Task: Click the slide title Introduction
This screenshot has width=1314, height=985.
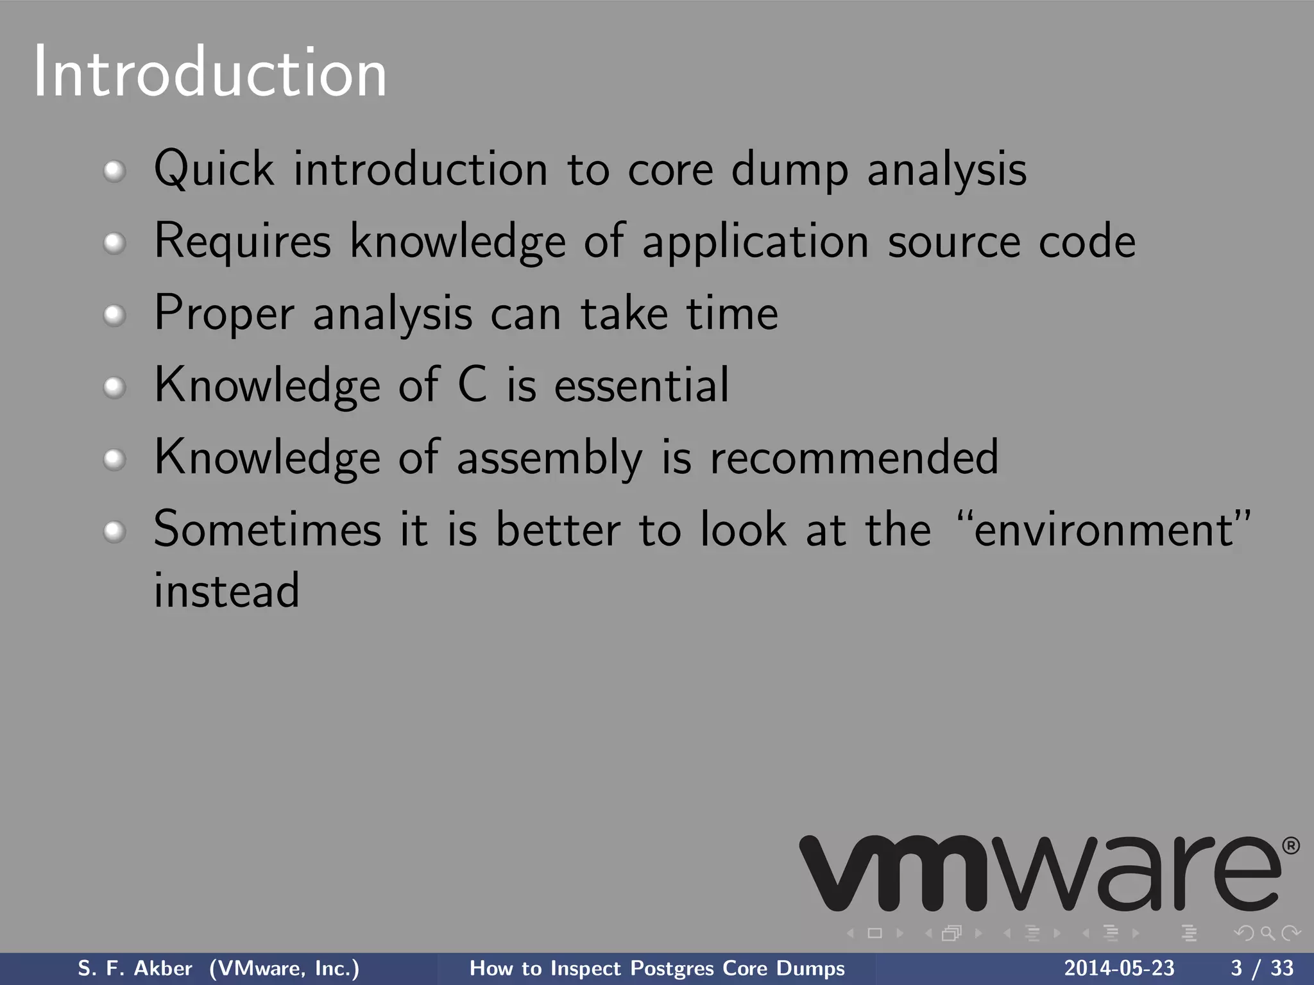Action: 210,72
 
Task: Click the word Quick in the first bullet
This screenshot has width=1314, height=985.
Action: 214,168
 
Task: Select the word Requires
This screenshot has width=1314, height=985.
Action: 243,241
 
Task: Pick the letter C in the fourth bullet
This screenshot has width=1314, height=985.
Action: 472,385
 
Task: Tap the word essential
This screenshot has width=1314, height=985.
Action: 642,385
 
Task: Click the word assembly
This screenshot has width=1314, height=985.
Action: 549,458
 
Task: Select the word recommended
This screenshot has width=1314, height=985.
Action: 855,457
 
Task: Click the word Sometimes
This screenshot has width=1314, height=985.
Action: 268,530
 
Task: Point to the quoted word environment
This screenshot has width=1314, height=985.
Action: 1104,530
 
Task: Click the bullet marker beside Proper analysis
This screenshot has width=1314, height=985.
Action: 114,315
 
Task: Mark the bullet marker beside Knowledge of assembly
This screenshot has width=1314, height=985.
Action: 114,459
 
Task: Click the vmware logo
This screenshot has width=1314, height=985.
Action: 1039,873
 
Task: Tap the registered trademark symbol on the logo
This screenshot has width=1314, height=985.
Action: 1291,846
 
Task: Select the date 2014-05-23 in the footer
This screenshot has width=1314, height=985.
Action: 1119,968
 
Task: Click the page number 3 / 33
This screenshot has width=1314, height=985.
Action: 1262,968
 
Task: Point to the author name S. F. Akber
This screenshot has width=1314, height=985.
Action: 135,968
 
